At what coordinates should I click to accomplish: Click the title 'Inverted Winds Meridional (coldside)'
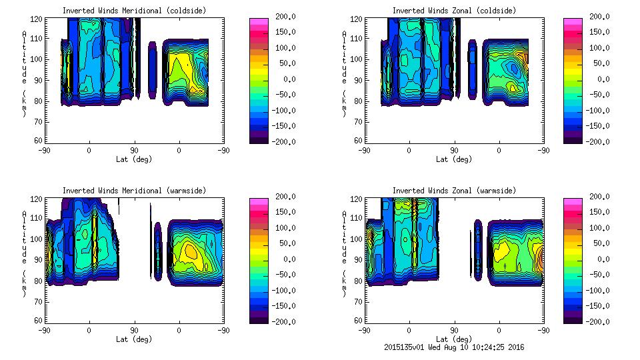click(134, 11)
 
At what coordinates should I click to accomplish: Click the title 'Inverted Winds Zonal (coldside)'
click(454, 11)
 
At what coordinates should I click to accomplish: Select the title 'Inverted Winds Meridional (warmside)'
click(134, 191)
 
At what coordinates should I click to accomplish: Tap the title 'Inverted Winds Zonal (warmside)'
click(454, 191)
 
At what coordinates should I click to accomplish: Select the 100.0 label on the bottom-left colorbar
click(279, 227)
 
